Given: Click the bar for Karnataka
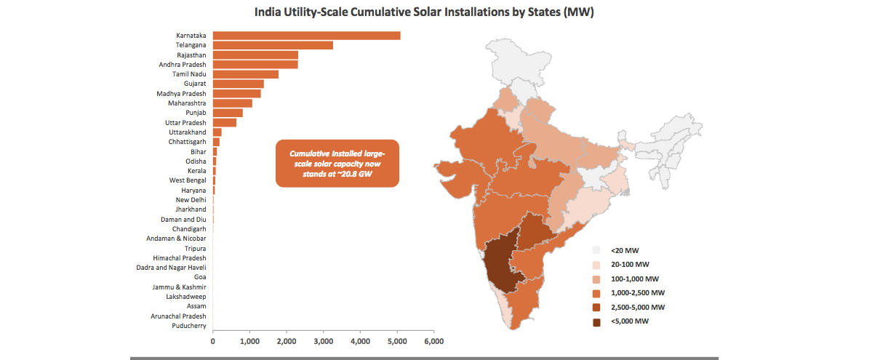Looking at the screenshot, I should click(x=306, y=36).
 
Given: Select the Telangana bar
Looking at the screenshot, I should click(x=273, y=45).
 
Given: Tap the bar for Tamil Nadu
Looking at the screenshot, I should click(x=246, y=74).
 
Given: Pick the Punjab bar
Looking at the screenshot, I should click(x=228, y=113).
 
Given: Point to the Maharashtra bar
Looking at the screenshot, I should click(x=233, y=103).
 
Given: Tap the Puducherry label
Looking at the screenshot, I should click(x=188, y=326).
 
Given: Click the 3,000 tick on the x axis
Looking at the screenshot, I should click(x=324, y=340).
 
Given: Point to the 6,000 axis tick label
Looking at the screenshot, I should click(x=434, y=340).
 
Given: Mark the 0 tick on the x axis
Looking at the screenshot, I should click(x=213, y=340).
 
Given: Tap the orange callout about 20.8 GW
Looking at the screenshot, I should click(x=337, y=164).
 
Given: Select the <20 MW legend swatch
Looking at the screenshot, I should click(x=596, y=249).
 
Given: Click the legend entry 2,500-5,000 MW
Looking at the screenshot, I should click(x=638, y=308).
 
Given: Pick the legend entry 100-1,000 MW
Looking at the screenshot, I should click(x=635, y=279).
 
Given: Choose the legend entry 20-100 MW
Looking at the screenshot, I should click(x=630, y=264).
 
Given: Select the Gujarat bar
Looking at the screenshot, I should click(x=239, y=84).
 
